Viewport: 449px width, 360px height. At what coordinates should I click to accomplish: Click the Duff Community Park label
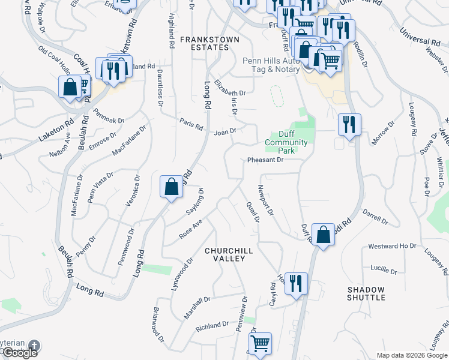(286, 142)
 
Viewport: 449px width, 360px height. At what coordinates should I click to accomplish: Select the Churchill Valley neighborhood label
(225, 254)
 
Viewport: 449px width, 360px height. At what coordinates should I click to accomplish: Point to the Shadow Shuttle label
(366, 293)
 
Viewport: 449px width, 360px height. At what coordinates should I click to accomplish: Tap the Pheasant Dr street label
(265, 160)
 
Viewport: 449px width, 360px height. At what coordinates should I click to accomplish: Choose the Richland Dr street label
(213, 326)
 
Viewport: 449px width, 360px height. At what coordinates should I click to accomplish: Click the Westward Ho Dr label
(392, 246)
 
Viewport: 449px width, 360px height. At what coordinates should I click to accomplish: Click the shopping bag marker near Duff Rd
(323, 235)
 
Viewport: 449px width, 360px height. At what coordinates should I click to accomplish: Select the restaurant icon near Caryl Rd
(296, 283)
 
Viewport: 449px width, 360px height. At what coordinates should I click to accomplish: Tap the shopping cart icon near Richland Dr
(260, 343)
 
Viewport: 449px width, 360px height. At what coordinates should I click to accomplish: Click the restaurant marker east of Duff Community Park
(349, 124)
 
